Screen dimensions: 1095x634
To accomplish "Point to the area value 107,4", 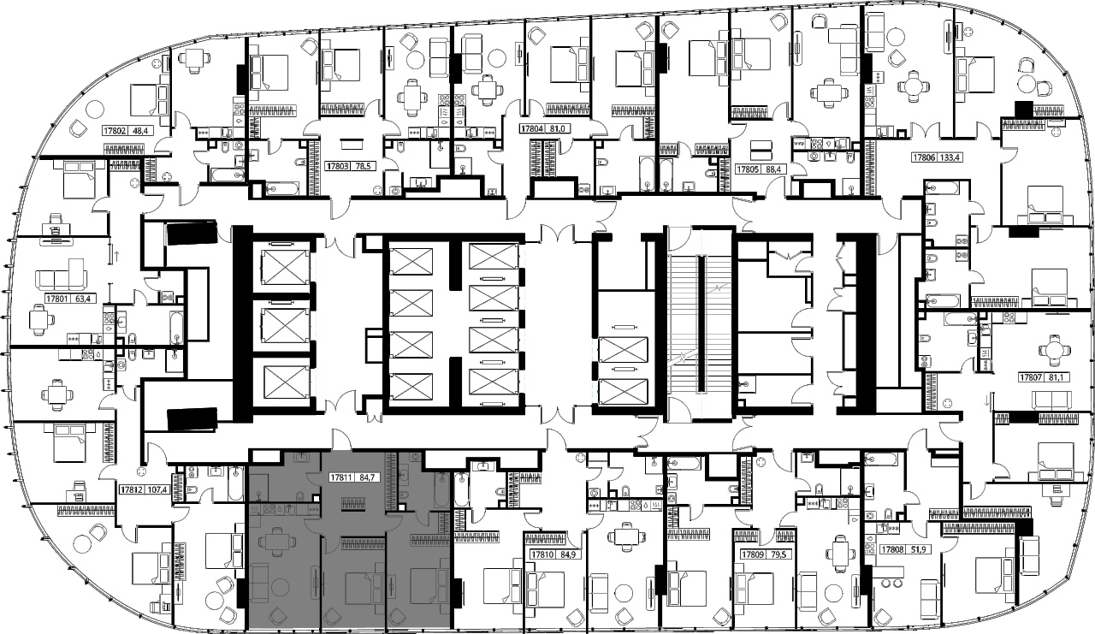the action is point(156,489).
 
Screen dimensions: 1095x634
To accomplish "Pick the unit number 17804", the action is point(532,129).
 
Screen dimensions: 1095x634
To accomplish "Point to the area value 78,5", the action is point(362,166).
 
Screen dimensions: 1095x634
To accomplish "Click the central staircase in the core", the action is point(700,323).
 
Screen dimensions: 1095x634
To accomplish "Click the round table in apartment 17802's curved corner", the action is point(94,109).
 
